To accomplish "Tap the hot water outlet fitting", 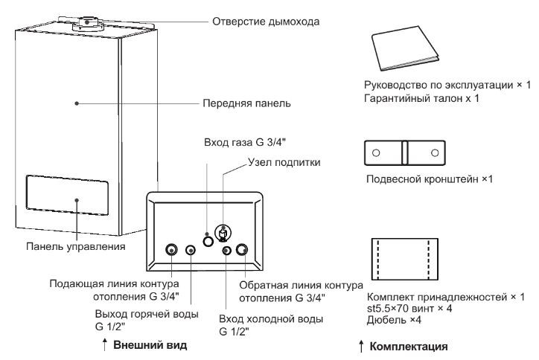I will [191, 251].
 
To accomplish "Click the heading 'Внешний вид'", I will [150, 346].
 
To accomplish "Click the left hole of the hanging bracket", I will [376, 152].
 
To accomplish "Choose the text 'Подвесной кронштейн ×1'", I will [431, 179].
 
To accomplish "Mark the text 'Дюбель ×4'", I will [391, 321].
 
